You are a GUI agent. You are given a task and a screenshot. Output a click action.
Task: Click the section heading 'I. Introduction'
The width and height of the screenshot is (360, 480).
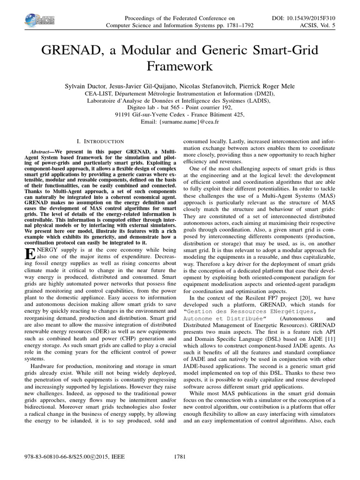pos(99,141)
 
